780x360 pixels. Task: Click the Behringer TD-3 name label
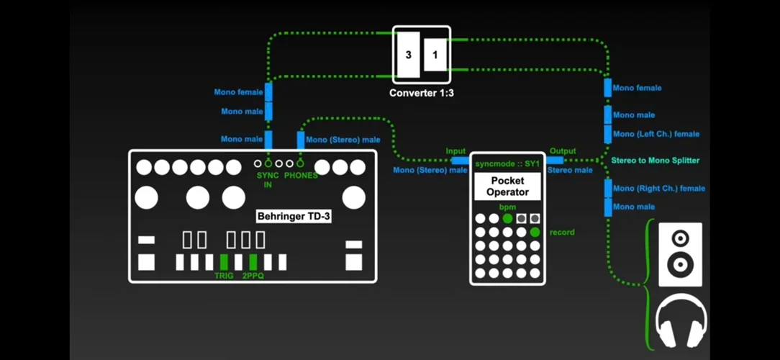[294, 215]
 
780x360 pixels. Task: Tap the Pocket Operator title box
[507, 186]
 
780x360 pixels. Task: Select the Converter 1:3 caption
[422, 94]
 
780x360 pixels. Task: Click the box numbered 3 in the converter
[408, 55]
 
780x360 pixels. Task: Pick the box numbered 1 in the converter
[435, 55]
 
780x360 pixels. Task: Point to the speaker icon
[680, 254]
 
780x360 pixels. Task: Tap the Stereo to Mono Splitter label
[655, 160]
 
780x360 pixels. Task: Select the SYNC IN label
[267, 180]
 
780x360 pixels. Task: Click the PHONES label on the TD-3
[300, 176]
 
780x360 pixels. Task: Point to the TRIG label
[224, 276]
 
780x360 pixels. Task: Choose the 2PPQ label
[253, 276]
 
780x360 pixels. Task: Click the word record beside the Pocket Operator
[562, 233]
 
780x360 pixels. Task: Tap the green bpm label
[507, 207]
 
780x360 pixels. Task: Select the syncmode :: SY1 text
[507, 164]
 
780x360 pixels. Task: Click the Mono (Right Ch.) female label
[659, 189]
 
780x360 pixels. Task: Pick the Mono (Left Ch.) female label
[656, 134]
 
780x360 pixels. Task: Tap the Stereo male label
[570, 171]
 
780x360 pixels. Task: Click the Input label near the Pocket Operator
[456, 151]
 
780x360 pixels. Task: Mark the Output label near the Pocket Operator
[563, 151]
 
